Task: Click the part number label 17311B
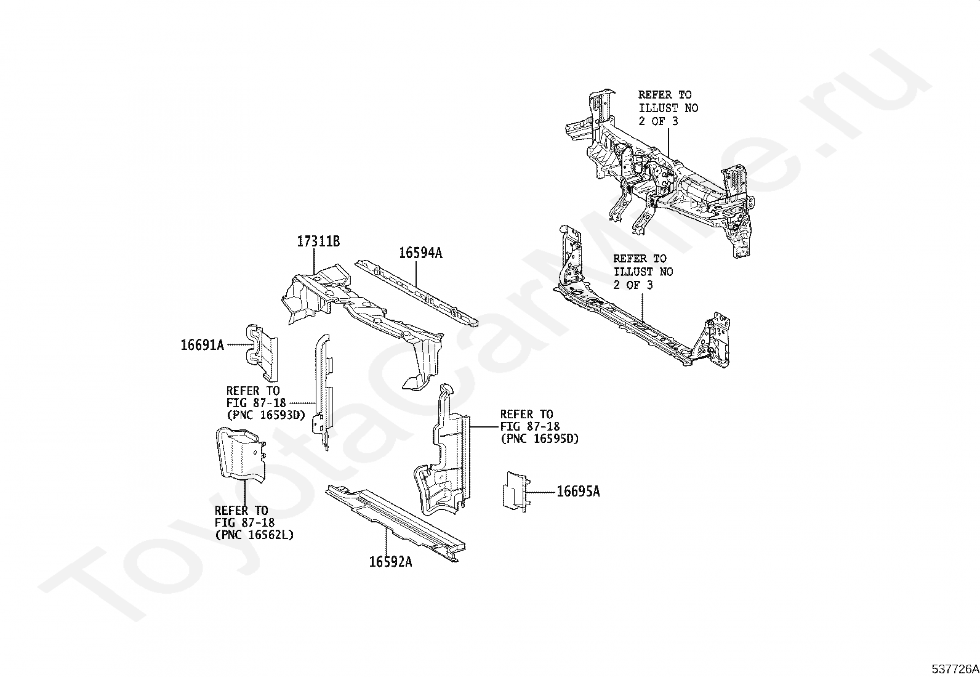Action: [x=318, y=241]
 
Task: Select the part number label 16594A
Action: [x=420, y=253]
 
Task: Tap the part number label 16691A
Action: [x=202, y=345]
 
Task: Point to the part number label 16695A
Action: [x=579, y=492]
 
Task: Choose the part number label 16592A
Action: [x=391, y=562]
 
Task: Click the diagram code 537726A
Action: [x=955, y=669]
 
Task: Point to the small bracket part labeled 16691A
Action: [x=262, y=352]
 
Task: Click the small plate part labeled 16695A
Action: [x=515, y=492]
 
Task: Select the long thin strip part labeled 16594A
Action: [x=416, y=293]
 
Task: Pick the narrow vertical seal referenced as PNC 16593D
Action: [x=323, y=392]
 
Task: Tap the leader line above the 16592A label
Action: [x=387, y=542]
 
